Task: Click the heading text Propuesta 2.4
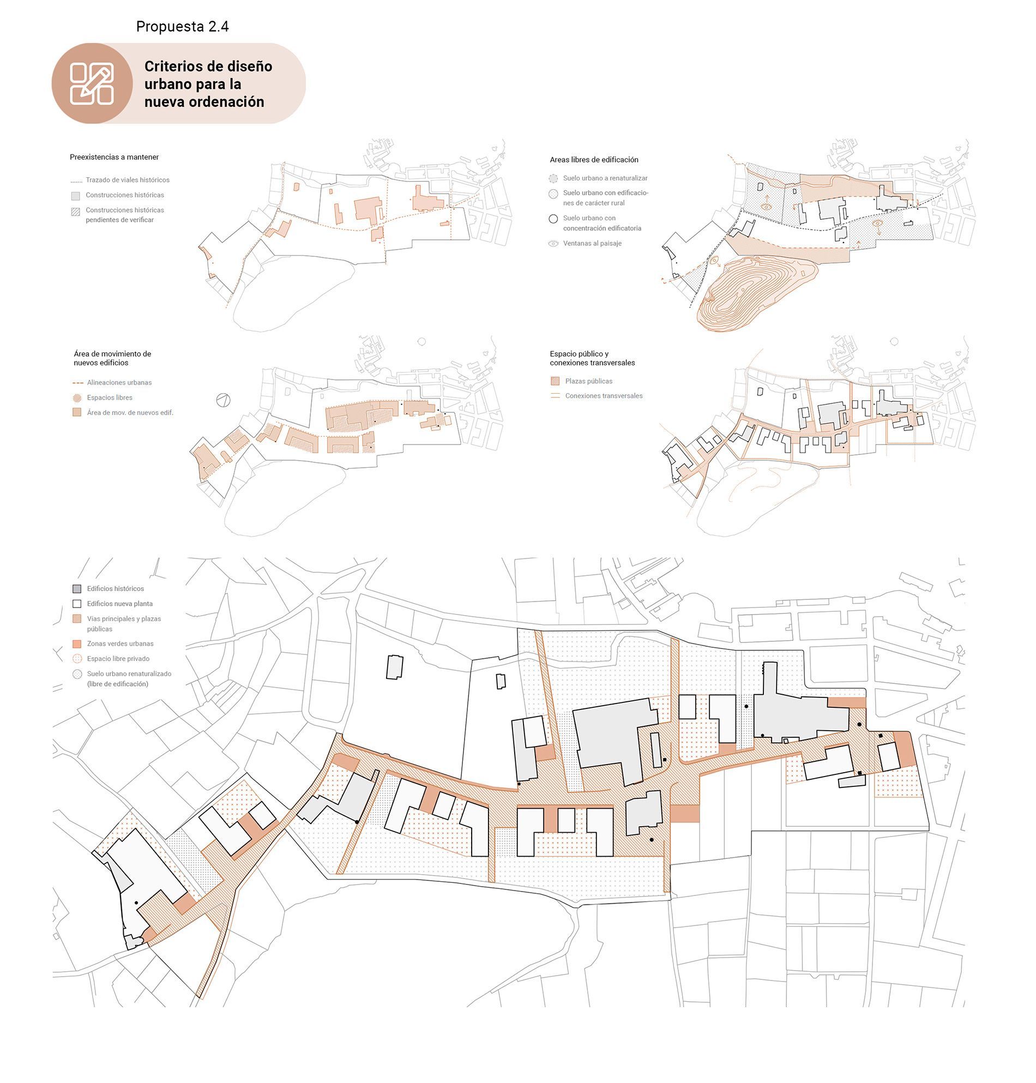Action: tap(182, 27)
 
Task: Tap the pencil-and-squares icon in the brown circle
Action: tap(92, 84)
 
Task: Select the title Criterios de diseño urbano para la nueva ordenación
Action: tap(208, 84)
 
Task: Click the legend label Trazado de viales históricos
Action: tap(128, 180)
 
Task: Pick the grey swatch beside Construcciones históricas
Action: tap(76, 196)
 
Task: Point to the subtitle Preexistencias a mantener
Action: tap(115, 158)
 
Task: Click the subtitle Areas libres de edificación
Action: tap(594, 160)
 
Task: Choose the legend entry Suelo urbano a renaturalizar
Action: tap(605, 178)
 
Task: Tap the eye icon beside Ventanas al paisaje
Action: tap(553, 244)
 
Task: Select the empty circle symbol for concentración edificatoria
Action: tap(553, 219)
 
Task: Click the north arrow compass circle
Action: tap(224, 400)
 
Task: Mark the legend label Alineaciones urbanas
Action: tap(119, 383)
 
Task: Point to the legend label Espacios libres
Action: tap(110, 398)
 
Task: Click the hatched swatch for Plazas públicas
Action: tap(555, 381)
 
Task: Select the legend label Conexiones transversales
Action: tap(604, 396)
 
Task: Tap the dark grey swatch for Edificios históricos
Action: tap(77, 589)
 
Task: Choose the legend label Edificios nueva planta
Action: tap(120, 604)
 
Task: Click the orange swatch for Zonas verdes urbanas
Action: tap(77, 644)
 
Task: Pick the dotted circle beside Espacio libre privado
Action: tap(77, 659)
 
